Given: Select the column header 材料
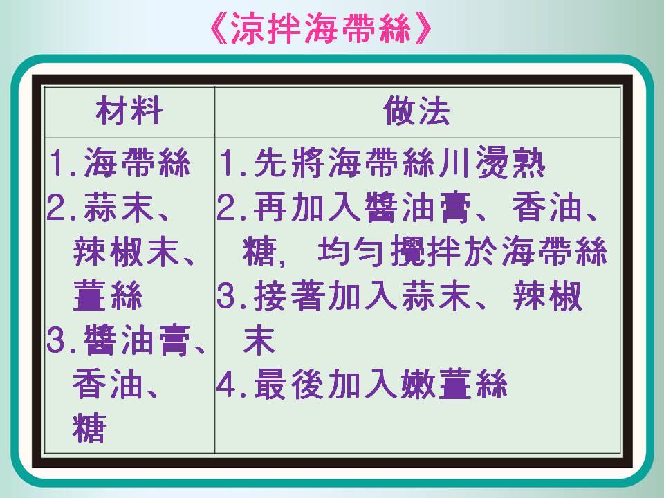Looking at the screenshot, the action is (129, 111).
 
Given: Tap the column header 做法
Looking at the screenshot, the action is (416, 111).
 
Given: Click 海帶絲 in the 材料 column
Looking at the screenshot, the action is (137, 162).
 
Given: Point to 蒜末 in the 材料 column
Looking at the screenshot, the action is (118, 207).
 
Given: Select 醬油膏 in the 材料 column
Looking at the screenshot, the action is (137, 340).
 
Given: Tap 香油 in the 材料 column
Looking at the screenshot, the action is (107, 384).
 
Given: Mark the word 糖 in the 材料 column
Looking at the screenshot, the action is (89, 427).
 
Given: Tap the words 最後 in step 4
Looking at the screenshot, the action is (289, 384).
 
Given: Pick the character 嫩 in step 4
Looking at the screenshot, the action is (418, 384).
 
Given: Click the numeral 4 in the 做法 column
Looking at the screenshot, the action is (226, 385).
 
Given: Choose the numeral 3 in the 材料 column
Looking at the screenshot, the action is (56, 340).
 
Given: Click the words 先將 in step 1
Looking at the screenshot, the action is (289, 162).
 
